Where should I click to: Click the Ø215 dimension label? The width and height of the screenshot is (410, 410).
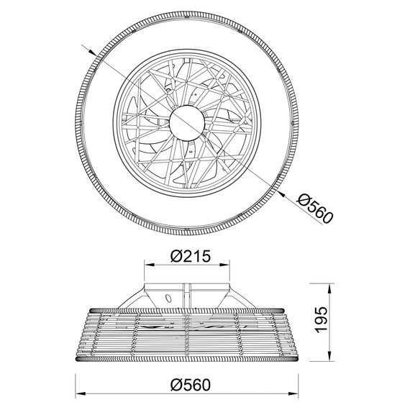(x=191, y=256)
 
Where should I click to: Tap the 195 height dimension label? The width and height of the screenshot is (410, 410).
(x=322, y=320)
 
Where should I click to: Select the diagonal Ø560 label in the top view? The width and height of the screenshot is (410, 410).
(x=315, y=209)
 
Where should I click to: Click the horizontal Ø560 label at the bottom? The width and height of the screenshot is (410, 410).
(x=191, y=385)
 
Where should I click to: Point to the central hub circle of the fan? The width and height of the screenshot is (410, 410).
(x=186, y=122)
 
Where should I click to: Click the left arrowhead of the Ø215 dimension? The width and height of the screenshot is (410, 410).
(x=149, y=265)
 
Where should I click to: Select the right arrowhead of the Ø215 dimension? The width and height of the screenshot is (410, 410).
(x=225, y=265)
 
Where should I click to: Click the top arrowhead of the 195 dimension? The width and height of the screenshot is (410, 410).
(x=329, y=288)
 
